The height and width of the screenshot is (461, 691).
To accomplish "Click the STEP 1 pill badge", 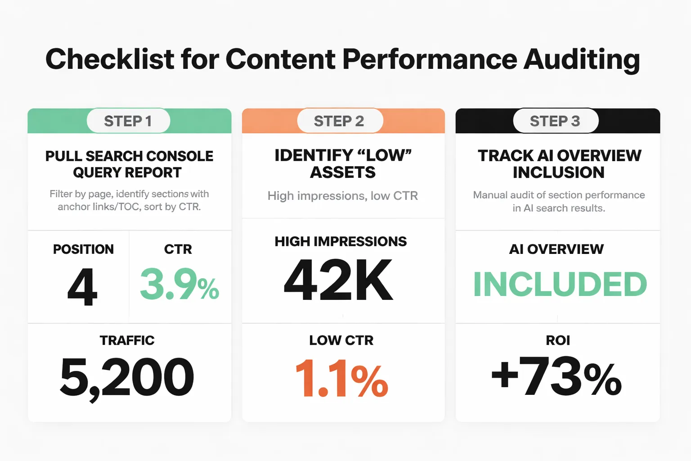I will point(128,121).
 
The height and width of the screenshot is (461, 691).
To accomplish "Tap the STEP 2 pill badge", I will point(340,121).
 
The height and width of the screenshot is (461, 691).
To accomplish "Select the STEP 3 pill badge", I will point(556,121).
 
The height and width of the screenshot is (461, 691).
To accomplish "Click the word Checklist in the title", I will point(110,59).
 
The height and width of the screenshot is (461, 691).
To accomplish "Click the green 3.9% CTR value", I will point(179,285).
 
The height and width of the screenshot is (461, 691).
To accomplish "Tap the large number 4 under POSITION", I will point(82,287).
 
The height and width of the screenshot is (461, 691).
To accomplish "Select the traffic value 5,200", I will point(127,377).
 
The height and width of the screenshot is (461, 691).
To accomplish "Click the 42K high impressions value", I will point(339,280).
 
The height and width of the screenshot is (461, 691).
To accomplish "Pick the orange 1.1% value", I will point(341,378).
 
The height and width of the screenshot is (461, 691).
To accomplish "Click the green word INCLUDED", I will point(560,285).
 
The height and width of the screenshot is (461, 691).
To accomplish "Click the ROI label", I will point(558,340).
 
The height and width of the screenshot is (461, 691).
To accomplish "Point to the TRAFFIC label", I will point(127,340).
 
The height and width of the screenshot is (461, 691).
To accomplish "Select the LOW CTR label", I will point(341,340).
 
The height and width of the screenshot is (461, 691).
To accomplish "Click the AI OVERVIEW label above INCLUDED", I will point(556,249).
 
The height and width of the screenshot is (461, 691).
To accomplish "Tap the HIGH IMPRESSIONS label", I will point(341,242).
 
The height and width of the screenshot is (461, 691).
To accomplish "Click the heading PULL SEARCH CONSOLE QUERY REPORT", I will point(129,164).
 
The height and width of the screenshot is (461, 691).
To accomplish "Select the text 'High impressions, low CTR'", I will point(343,196).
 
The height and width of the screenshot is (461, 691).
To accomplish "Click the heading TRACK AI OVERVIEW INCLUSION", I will point(559,164).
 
